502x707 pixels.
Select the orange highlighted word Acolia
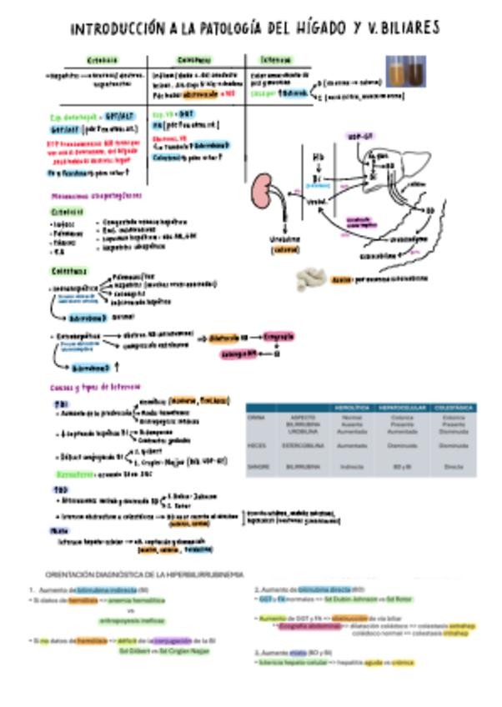coord(339,280)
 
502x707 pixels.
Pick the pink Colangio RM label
coord(240,353)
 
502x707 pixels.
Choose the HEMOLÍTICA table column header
coord(352,407)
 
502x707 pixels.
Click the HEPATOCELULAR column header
coord(403,407)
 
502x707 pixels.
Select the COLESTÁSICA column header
coord(454,407)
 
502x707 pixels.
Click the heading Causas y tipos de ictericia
coord(86,388)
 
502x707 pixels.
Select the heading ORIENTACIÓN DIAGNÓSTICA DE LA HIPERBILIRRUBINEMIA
coord(143,574)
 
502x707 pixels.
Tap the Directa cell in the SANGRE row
coord(454,467)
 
